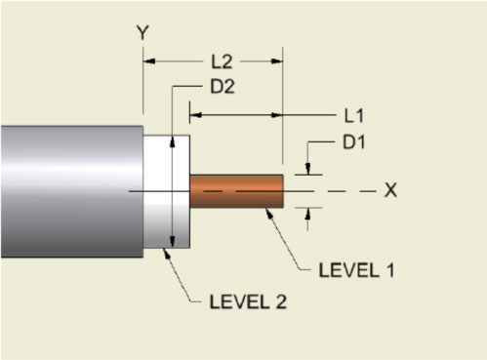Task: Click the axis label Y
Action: [x=142, y=32]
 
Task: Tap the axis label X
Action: [x=389, y=190]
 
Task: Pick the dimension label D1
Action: [x=353, y=143]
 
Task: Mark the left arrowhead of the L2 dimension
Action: [x=149, y=60]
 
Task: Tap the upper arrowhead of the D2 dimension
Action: [x=173, y=139]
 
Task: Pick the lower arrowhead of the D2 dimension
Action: [x=173, y=243]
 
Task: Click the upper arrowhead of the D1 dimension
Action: [x=308, y=170]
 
